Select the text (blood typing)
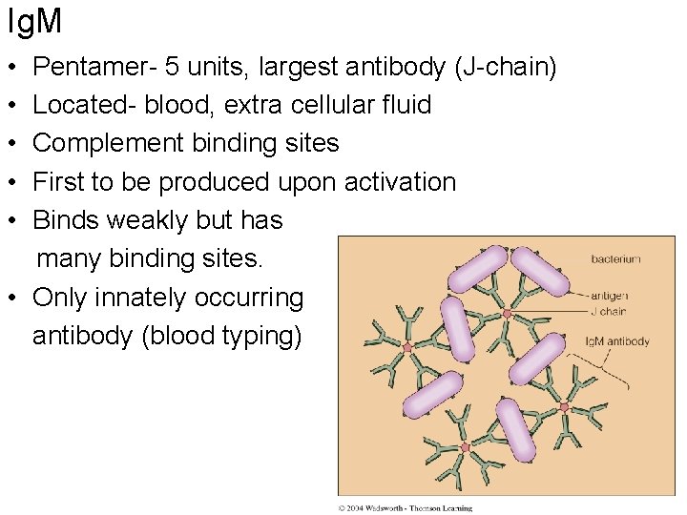point(220,337)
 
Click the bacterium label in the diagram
point(615,259)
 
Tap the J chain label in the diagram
point(609,310)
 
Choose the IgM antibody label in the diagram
point(617,341)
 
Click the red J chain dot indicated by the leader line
point(508,313)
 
